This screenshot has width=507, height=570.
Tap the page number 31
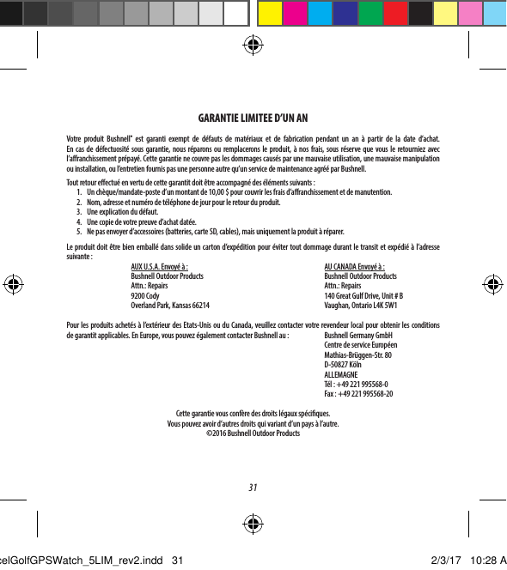(253, 488)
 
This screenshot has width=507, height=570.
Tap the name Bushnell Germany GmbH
(358, 337)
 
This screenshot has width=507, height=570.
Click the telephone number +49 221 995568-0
(361, 385)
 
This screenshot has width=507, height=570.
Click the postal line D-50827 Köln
(343, 366)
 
